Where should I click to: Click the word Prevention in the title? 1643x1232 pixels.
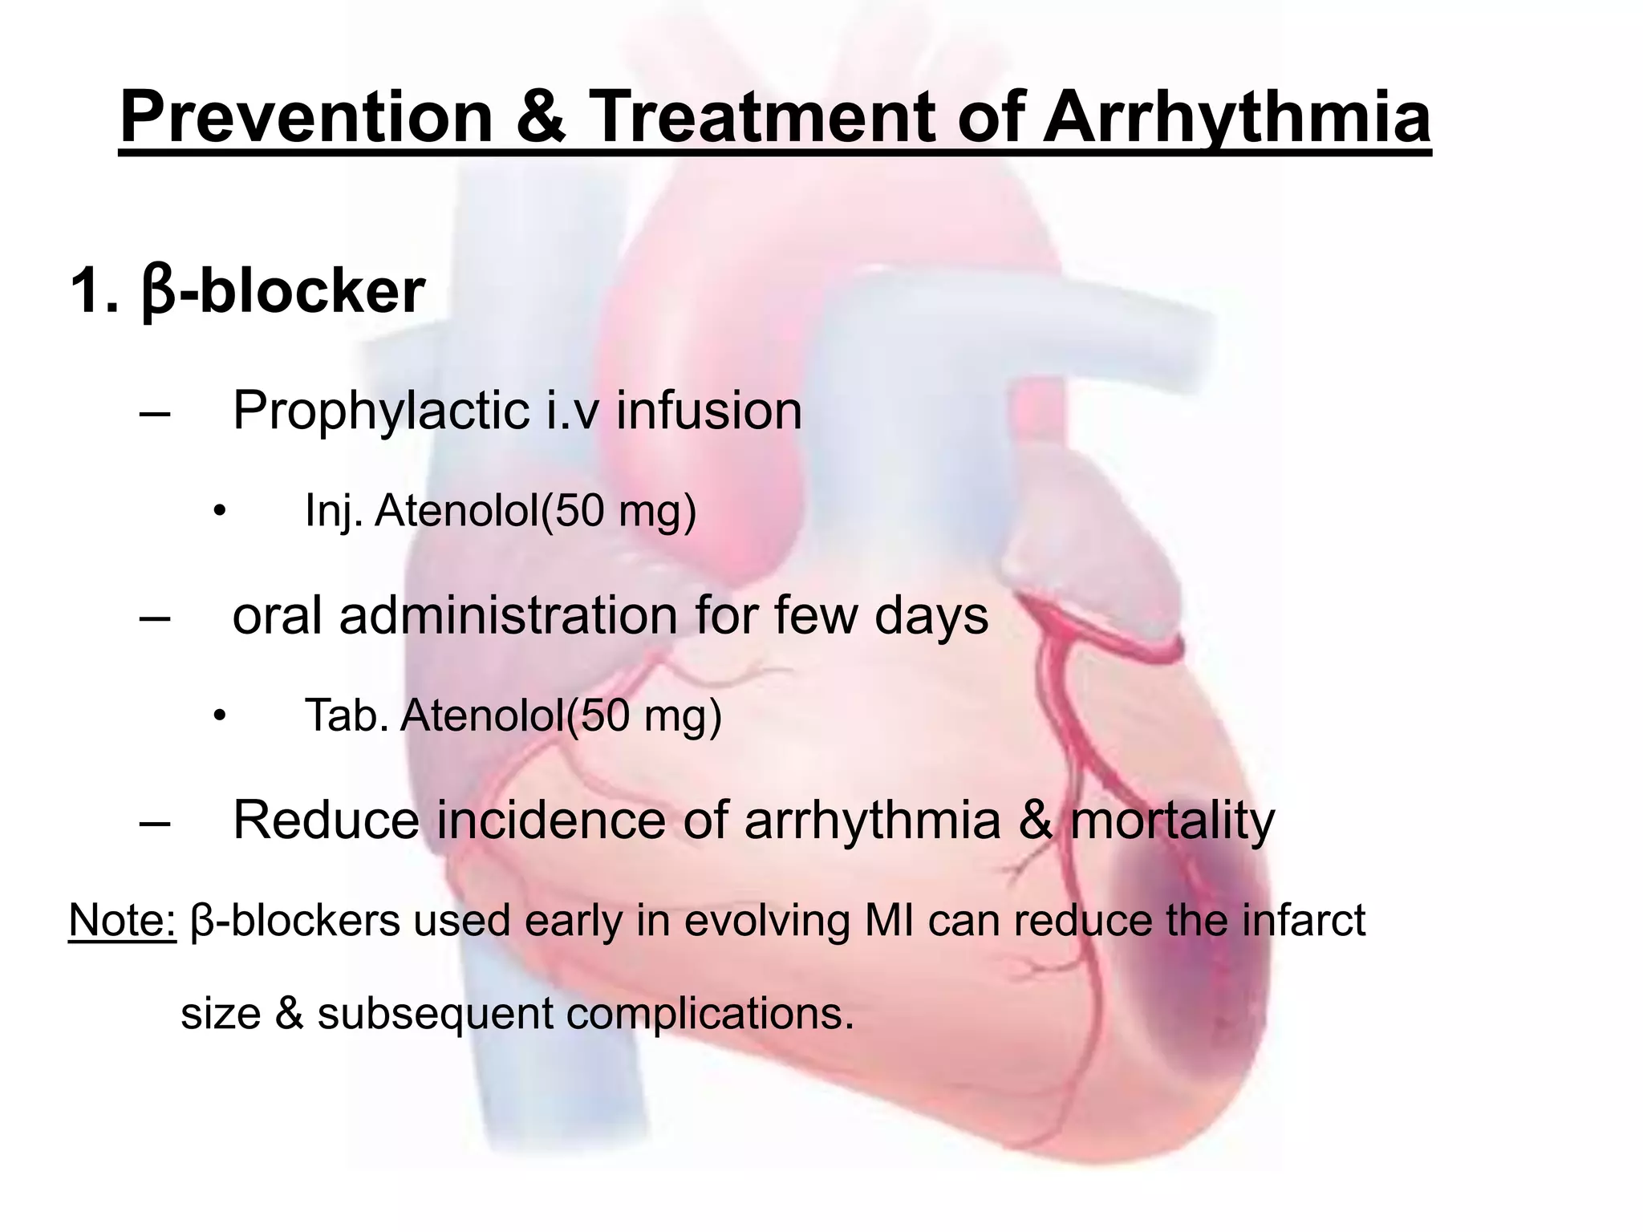(x=306, y=117)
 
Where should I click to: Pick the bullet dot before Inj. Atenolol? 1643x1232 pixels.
(x=218, y=511)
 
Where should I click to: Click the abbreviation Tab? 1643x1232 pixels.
(x=347, y=715)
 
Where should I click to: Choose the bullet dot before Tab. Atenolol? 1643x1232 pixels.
(x=218, y=715)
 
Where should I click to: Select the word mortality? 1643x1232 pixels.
(x=1172, y=821)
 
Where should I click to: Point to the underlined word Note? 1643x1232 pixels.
(x=122, y=920)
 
